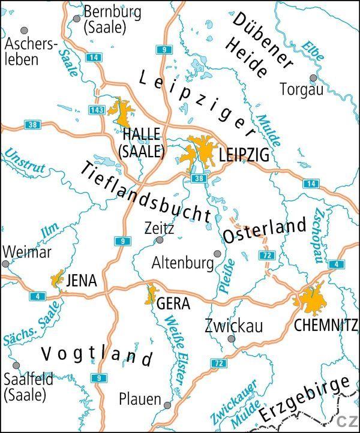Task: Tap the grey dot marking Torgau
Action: [313, 78]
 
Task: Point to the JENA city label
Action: [82, 280]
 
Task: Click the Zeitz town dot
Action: [160, 240]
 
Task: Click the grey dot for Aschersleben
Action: [25, 30]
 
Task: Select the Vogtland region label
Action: [96, 353]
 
